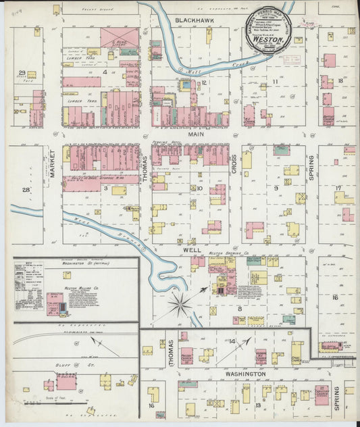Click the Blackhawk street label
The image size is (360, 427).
tap(195, 21)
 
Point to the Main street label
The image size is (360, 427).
tap(195, 134)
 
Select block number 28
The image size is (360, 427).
tap(26, 191)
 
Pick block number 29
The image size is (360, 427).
tap(22, 73)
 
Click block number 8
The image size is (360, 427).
tap(239, 309)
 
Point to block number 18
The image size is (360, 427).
tap(340, 80)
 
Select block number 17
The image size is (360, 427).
tap(339, 188)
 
